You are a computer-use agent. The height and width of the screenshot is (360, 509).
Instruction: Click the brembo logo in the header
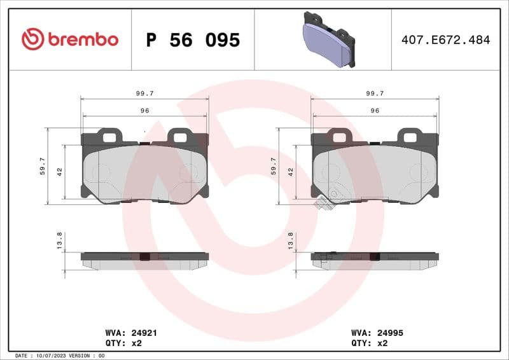(70, 39)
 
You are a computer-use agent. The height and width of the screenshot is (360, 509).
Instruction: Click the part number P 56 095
(193, 40)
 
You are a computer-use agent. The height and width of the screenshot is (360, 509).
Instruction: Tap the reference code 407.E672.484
(445, 40)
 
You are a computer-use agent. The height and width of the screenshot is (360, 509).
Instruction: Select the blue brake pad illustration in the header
(328, 39)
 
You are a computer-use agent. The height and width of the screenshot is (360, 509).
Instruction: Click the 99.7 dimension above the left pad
(144, 93)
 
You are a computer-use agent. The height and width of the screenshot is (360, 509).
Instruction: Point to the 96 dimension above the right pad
(375, 111)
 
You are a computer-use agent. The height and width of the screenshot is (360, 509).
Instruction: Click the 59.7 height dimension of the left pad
(43, 166)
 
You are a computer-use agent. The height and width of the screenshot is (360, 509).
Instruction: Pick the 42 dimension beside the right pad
(290, 172)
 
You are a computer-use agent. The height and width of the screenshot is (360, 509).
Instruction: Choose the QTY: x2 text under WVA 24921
(122, 342)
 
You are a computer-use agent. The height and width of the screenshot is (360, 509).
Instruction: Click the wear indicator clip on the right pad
(322, 204)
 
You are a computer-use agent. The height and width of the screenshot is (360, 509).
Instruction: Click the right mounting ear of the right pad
(409, 135)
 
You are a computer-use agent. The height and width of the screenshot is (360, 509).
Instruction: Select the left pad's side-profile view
(144, 260)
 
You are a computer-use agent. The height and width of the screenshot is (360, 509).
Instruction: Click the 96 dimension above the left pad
(144, 111)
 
